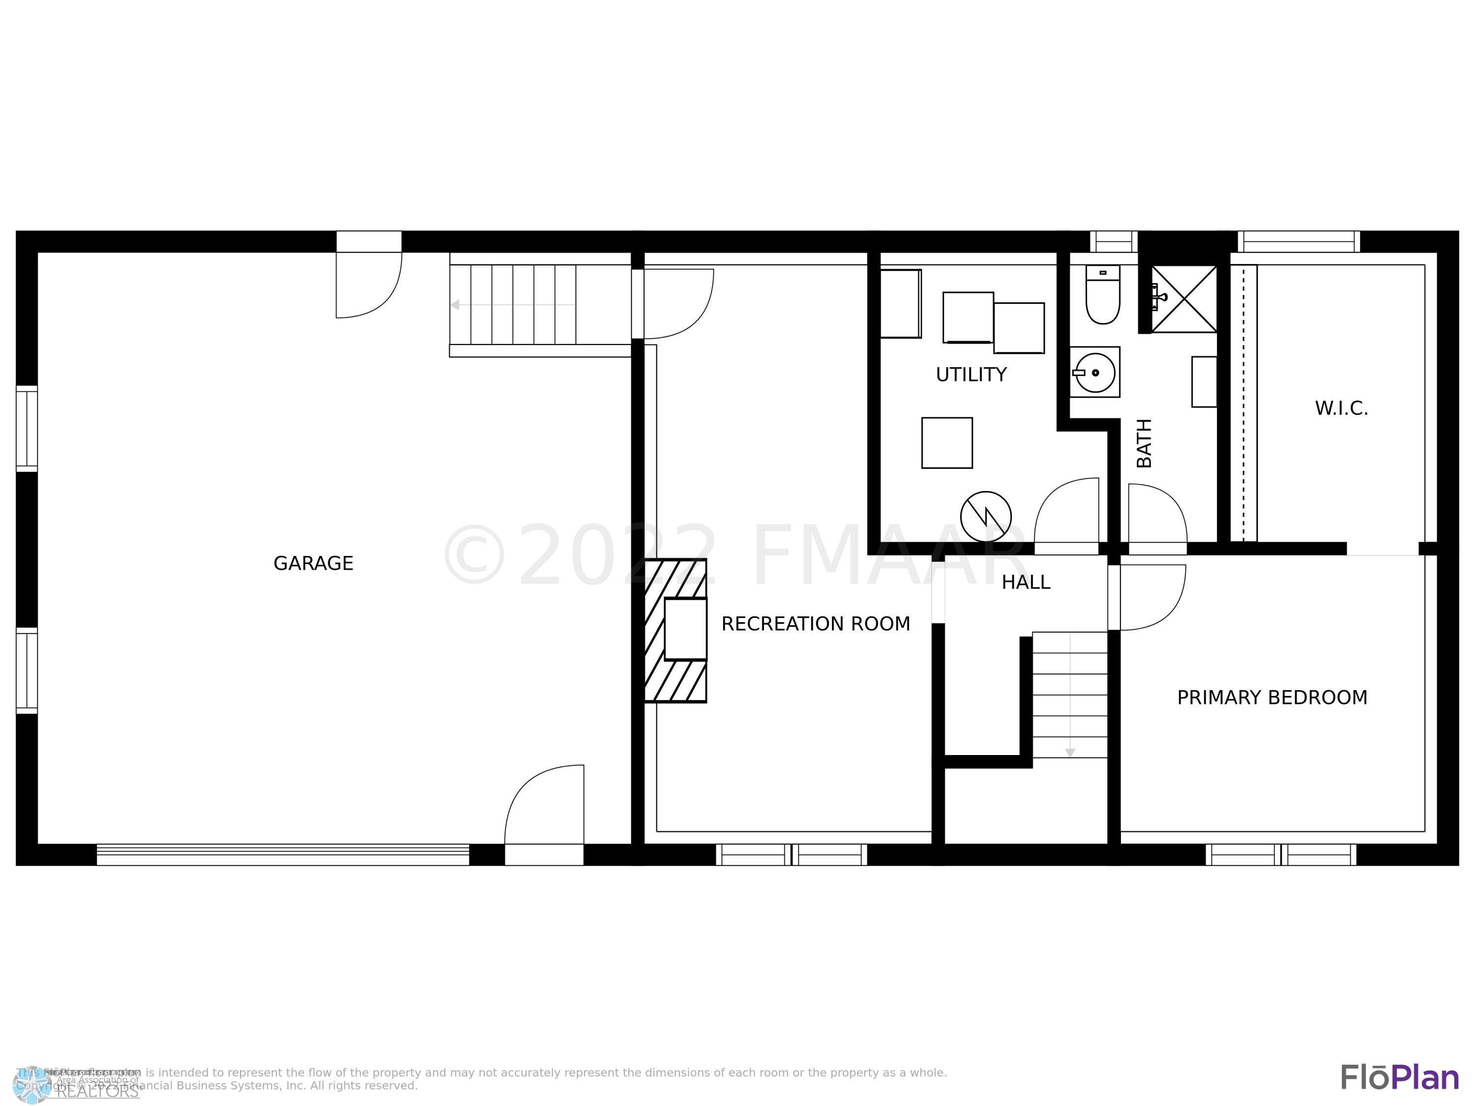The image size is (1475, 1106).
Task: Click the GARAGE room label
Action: click(x=313, y=563)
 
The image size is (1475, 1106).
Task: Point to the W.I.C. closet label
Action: click(x=1341, y=408)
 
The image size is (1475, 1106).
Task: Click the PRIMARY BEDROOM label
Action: click(x=1271, y=698)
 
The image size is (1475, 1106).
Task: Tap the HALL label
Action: click(x=1025, y=582)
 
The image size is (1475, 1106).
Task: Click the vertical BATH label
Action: click(x=1144, y=443)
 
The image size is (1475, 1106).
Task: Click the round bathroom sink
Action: click(x=1095, y=373)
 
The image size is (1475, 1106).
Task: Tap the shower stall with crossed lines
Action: click(x=1184, y=299)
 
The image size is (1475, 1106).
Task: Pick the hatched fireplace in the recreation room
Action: click(x=676, y=630)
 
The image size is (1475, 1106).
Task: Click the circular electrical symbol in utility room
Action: click(x=985, y=517)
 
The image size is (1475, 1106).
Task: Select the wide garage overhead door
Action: click(x=283, y=855)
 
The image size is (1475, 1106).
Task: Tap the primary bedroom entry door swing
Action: click(x=1151, y=597)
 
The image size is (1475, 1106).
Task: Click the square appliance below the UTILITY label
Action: click(x=946, y=443)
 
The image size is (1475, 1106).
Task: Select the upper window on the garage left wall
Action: click(x=27, y=428)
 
